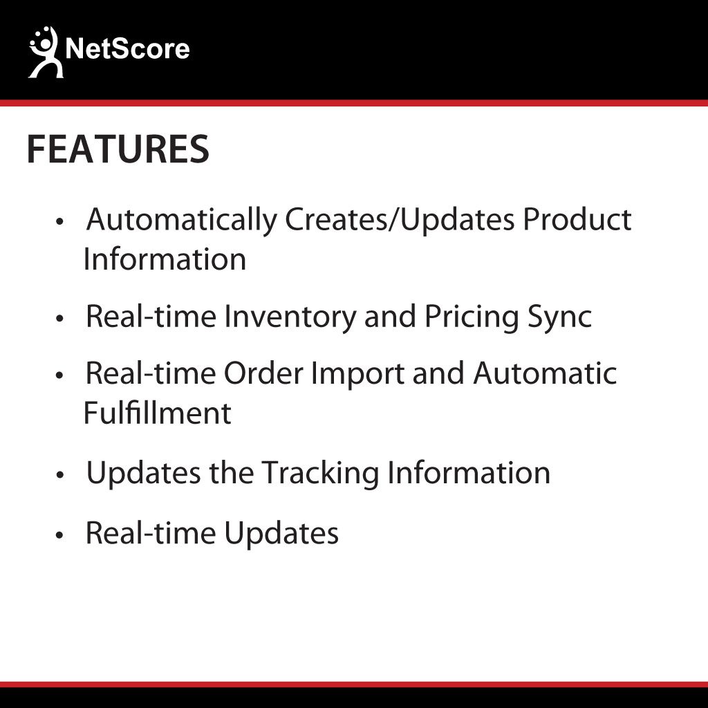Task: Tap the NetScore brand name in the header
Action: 127,49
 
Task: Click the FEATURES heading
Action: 118,149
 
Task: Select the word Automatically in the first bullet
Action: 182,221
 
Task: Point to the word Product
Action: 577,219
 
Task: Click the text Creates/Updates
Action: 400,221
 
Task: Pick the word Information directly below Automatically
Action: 165,260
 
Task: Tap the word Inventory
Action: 290,317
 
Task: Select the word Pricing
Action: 472,317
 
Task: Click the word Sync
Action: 560,317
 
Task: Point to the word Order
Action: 263,374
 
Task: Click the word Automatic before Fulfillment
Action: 545,374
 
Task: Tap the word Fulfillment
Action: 158,413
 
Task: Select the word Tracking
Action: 321,474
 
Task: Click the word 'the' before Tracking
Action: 232,473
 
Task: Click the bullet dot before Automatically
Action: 60,222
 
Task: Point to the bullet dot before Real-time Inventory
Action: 60,319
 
